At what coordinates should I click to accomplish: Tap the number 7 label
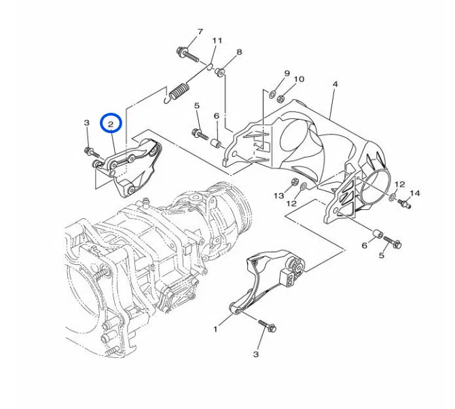[200, 32]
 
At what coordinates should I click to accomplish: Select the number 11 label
[217, 41]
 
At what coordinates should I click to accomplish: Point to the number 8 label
[239, 52]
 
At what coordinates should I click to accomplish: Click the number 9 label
[287, 73]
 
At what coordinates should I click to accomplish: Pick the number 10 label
[299, 79]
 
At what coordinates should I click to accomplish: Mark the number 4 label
[335, 84]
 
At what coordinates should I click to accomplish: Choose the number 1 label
[215, 330]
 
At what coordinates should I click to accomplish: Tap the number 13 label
[278, 196]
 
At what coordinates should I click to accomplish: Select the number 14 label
[415, 193]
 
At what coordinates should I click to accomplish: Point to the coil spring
[180, 90]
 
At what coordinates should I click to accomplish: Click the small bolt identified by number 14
[406, 202]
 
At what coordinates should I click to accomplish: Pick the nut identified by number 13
[294, 182]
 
